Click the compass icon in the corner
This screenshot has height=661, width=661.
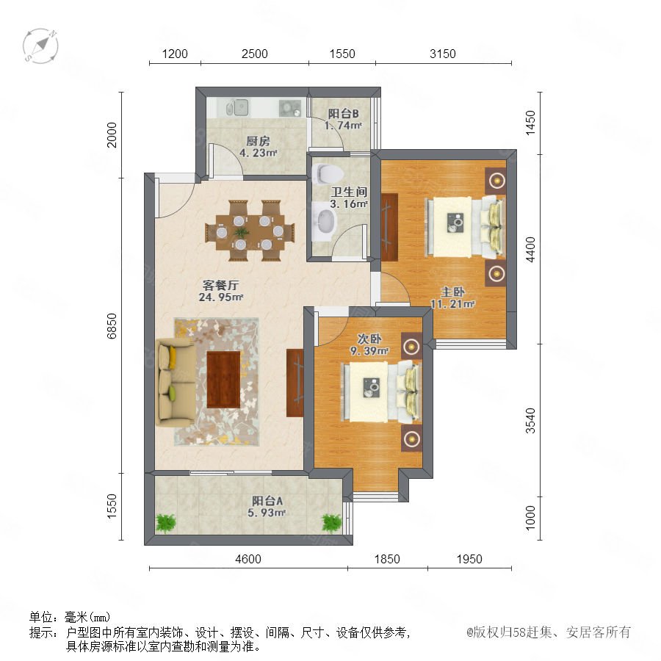(x=40, y=46)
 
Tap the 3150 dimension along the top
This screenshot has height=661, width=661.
(x=443, y=54)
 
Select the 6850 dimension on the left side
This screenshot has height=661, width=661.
(x=112, y=326)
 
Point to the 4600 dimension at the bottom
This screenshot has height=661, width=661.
(x=248, y=559)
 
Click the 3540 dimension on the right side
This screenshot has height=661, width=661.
(x=530, y=420)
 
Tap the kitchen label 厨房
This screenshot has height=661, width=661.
(x=258, y=141)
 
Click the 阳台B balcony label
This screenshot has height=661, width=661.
(x=343, y=113)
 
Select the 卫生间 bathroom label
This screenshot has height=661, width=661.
(x=349, y=192)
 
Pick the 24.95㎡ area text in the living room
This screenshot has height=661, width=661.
(x=221, y=297)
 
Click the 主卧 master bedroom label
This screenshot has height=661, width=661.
(x=452, y=292)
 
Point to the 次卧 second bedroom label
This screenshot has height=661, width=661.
(x=369, y=339)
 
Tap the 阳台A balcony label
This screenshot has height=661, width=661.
(x=267, y=501)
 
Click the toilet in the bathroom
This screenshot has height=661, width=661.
(x=328, y=173)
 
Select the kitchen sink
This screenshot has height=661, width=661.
(x=237, y=107)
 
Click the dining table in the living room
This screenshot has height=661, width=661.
(x=250, y=231)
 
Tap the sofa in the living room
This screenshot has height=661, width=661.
(x=176, y=383)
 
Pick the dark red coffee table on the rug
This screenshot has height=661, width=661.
(x=223, y=380)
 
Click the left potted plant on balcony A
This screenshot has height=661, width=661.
(x=166, y=523)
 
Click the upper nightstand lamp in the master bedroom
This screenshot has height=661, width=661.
(x=497, y=181)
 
